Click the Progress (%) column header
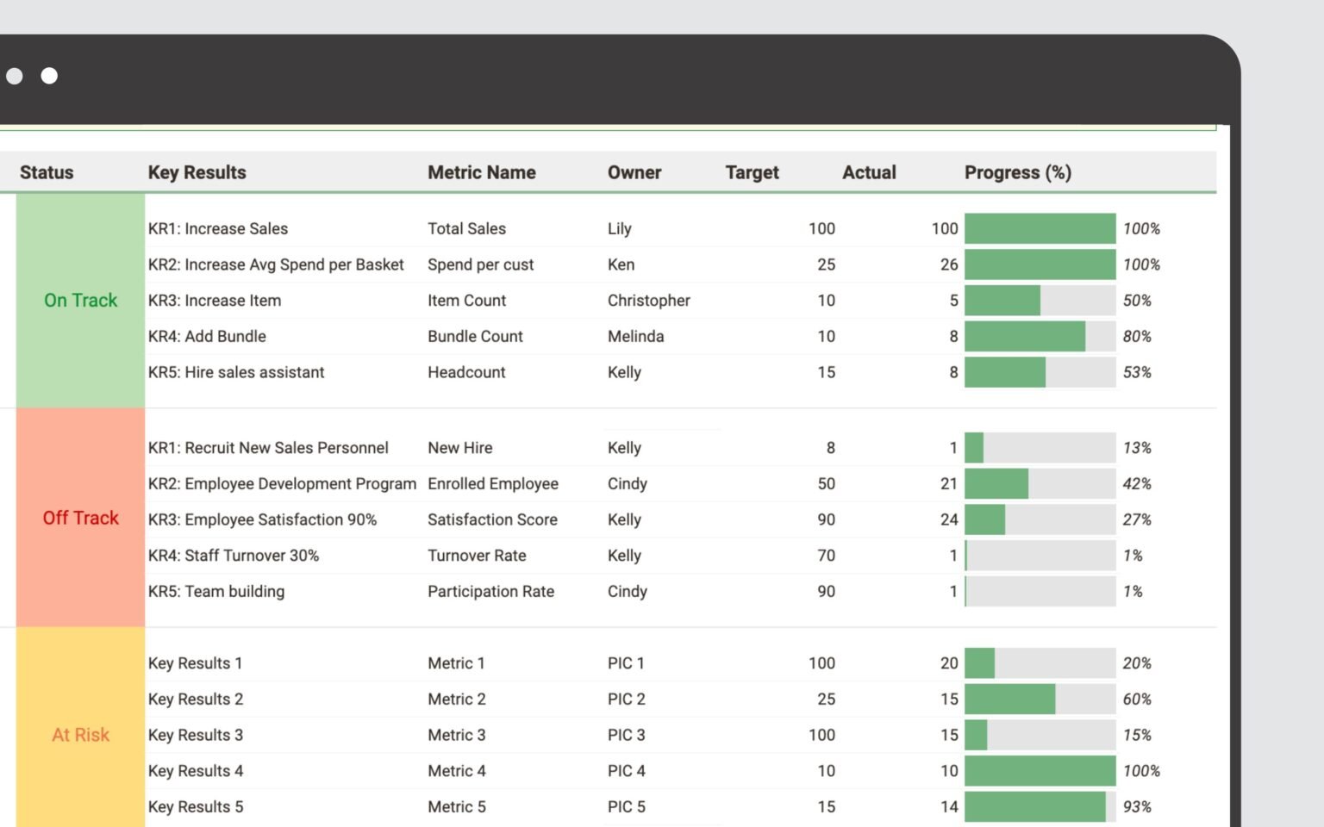tap(1017, 172)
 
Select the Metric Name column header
tap(481, 172)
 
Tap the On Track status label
tap(80, 301)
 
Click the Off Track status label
tap(80, 518)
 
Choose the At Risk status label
tap(80, 735)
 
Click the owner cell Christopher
tap(648, 301)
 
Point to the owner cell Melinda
tap(635, 337)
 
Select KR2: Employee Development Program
tap(282, 484)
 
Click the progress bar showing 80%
tap(1039, 337)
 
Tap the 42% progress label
tap(1136, 484)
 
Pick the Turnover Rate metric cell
tap(477, 556)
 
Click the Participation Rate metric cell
tap(490, 592)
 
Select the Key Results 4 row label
tap(196, 771)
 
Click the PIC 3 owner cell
tap(626, 735)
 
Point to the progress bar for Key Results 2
tap(1039, 700)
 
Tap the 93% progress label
tap(1136, 807)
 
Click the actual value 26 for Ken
tap(948, 264)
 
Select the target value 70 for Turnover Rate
tap(826, 556)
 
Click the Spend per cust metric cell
tap(480, 264)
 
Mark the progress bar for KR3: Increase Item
tap(1039, 301)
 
